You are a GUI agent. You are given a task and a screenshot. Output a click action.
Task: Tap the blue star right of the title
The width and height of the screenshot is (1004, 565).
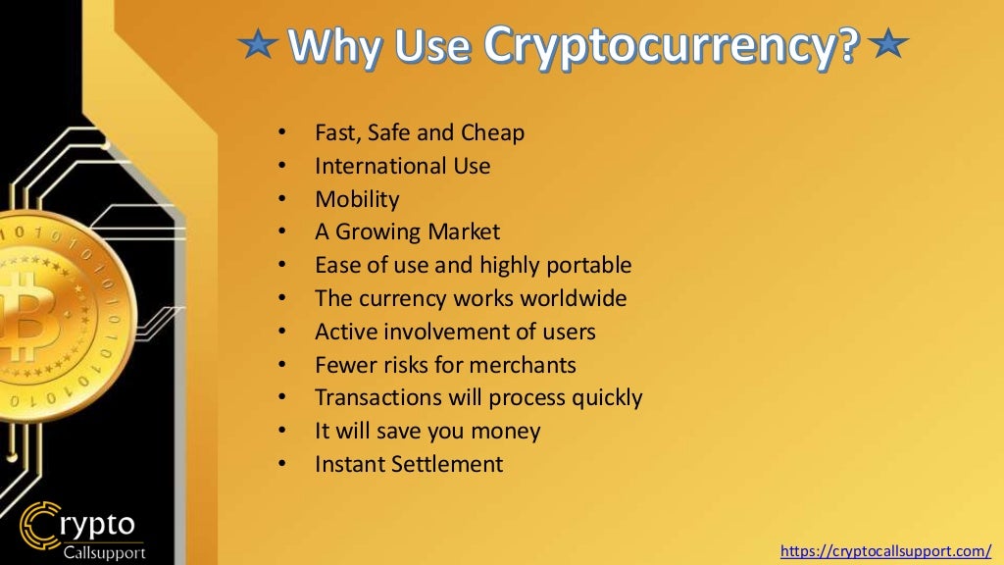tap(890, 44)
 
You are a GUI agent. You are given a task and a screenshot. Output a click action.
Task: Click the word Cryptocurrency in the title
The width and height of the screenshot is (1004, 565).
tap(672, 43)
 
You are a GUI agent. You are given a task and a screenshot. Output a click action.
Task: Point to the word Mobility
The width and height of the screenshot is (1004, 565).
tap(357, 199)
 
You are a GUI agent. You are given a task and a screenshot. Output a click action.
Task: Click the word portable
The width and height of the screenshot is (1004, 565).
tap(588, 266)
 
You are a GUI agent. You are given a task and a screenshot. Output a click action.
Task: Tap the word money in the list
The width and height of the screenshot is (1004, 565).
tap(508, 431)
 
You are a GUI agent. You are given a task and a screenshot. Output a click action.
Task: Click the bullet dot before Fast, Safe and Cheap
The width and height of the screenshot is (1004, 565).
tap(282, 132)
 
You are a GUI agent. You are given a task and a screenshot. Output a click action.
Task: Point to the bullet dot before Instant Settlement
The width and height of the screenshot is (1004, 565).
tap(282, 464)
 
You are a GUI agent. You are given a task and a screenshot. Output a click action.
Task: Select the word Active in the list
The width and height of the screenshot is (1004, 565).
tap(342, 332)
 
